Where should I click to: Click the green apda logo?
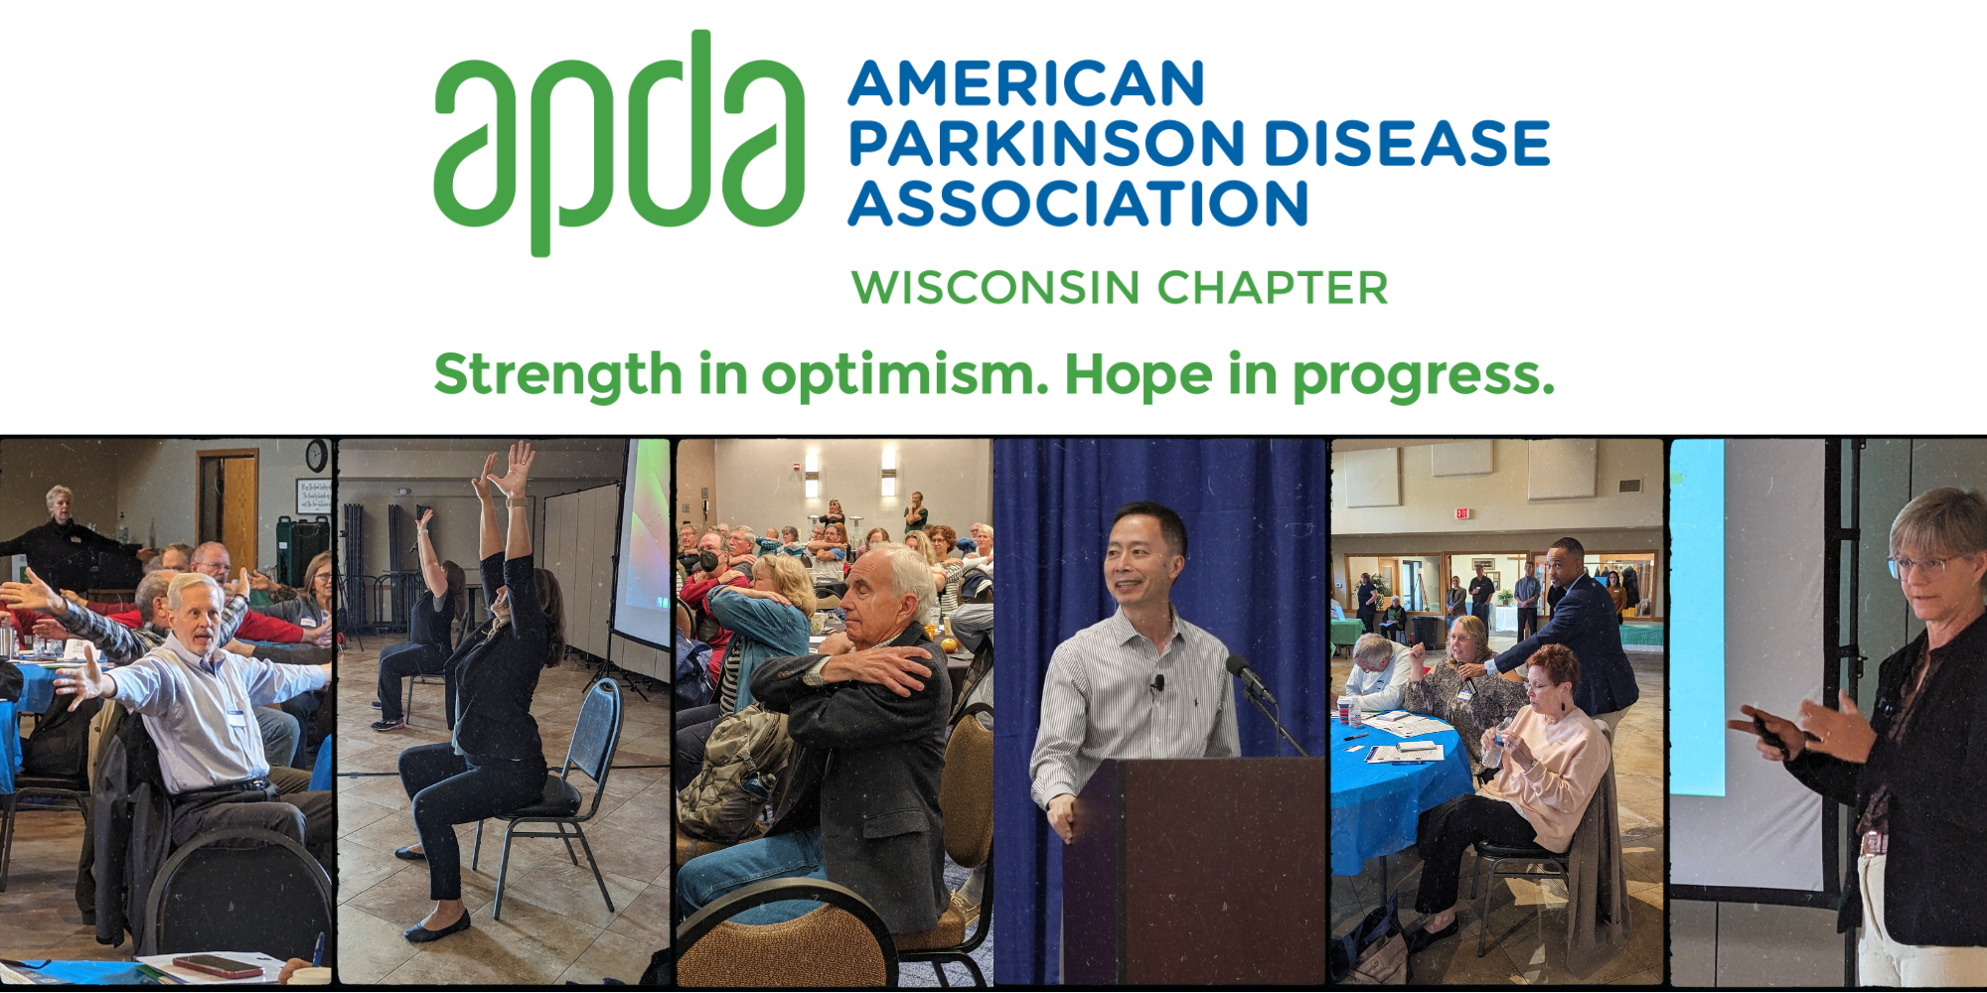point(618,144)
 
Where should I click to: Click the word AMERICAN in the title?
point(1026,83)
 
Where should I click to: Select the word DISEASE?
point(1407,143)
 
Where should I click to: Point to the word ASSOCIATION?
point(1078,204)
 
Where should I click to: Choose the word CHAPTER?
point(1273,288)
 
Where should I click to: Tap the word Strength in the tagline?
point(558,376)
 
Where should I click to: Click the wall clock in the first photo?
point(317,455)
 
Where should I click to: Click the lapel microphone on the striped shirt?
point(1157,683)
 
